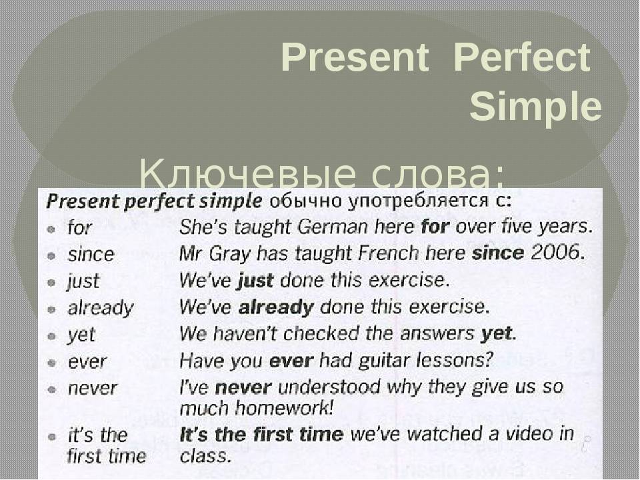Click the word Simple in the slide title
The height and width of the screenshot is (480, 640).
click(x=535, y=107)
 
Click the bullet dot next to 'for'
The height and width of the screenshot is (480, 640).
click(x=51, y=229)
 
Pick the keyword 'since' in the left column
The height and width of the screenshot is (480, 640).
click(x=91, y=254)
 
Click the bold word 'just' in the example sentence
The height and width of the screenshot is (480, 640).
click(x=255, y=281)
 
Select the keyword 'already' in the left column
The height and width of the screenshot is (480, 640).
click(x=101, y=309)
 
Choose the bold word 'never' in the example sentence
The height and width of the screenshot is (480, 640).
click(x=243, y=388)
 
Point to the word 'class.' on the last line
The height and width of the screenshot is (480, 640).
click(x=206, y=455)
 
